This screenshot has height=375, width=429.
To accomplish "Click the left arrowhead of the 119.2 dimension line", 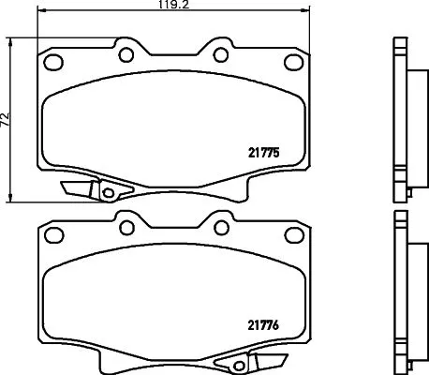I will (44, 12).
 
